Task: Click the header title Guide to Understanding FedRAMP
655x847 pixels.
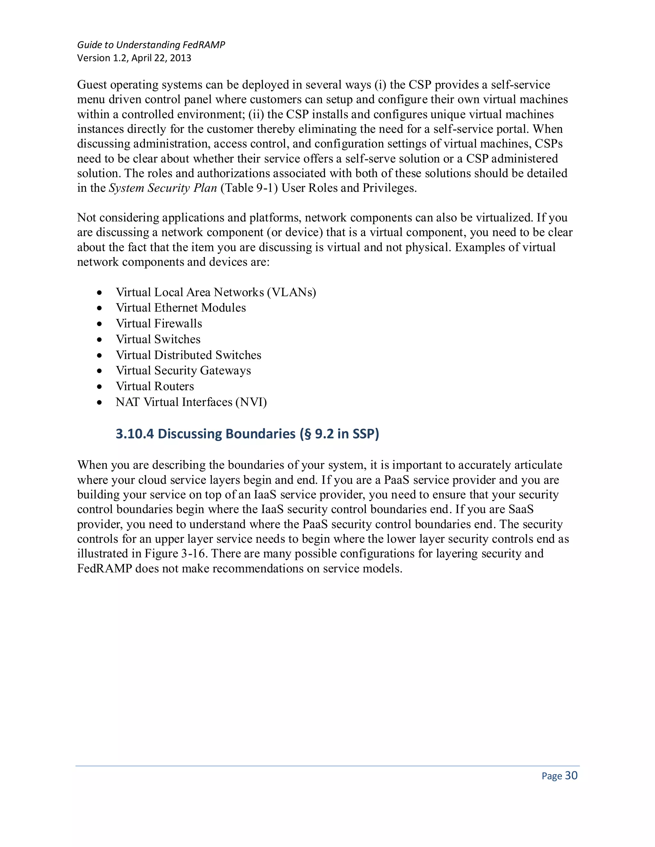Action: [x=151, y=45]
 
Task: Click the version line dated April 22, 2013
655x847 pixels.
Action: [x=134, y=58]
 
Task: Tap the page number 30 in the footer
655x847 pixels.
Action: [x=571, y=775]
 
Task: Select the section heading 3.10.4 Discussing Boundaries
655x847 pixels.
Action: [x=247, y=434]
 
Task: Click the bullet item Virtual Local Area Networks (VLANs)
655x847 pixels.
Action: [x=216, y=292]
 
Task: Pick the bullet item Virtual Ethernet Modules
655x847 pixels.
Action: [x=180, y=308]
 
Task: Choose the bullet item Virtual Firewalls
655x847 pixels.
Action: [x=159, y=323]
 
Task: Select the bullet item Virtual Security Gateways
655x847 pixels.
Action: [x=183, y=371]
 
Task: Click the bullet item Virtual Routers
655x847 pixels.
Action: [x=154, y=386]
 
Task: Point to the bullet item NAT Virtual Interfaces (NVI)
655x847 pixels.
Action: [x=191, y=402]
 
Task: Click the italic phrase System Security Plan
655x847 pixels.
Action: [x=162, y=188]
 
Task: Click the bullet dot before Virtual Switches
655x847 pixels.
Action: [x=100, y=340]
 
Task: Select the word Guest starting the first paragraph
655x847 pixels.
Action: [x=91, y=85]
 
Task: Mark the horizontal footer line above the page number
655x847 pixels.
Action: [x=327, y=766]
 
